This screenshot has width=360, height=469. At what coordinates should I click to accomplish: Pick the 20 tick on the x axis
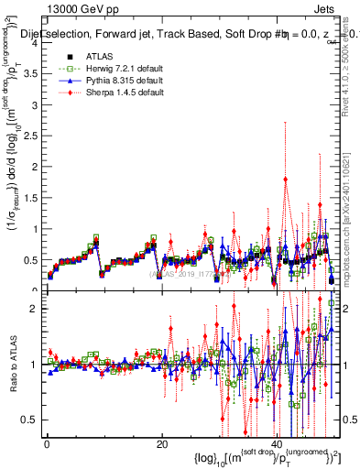point(161,444)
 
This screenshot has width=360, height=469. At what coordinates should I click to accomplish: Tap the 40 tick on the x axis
point(276,444)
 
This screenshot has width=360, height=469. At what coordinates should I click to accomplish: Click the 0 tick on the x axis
point(47,444)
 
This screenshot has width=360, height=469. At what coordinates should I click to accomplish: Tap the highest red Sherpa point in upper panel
point(287,180)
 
